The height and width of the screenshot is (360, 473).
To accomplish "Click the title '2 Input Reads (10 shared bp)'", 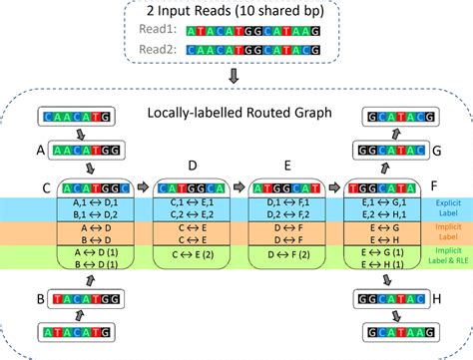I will [x=236, y=13].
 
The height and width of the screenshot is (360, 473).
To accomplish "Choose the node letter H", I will [x=436, y=298].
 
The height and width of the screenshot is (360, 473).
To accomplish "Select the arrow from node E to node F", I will [x=334, y=185].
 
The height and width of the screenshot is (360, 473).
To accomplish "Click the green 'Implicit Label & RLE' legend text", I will [x=447, y=257].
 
